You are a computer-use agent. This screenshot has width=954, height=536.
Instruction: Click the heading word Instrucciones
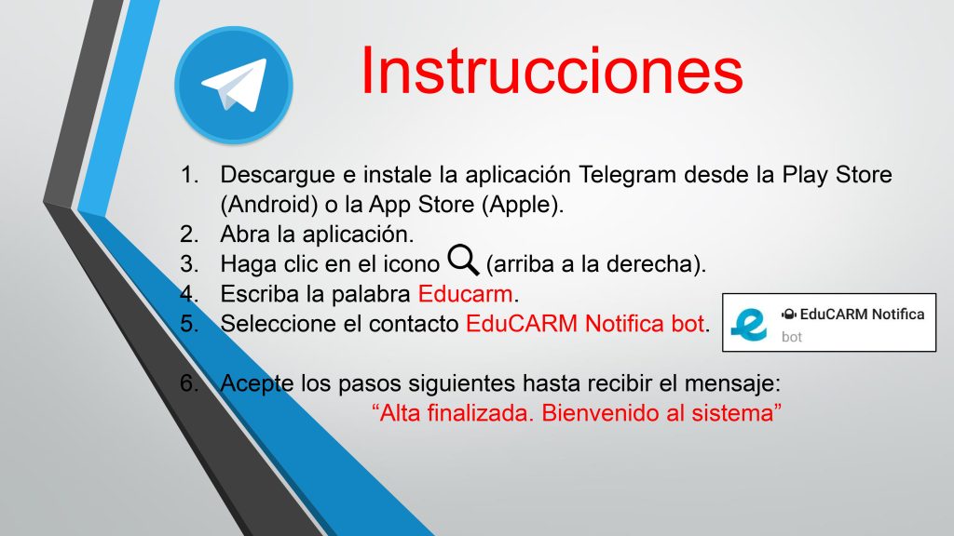click(552, 71)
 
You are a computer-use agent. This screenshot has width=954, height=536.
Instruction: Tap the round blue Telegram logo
click(234, 85)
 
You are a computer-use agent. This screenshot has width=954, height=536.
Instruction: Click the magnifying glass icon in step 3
click(463, 260)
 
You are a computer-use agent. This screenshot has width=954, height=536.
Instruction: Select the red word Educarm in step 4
click(466, 294)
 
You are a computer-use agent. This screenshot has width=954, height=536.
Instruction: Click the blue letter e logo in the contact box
click(749, 323)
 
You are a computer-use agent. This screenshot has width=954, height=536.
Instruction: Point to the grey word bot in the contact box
click(792, 337)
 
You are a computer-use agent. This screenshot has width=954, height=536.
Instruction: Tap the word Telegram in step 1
click(627, 175)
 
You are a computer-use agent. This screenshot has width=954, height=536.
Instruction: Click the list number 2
click(189, 234)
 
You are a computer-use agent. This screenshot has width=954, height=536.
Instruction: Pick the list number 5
click(189, 324)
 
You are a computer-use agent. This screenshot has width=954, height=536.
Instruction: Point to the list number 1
click(189, 175)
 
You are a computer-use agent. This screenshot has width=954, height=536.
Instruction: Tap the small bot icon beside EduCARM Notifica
click(788, 315)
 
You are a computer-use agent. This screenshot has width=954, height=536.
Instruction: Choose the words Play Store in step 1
click(837, 175)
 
